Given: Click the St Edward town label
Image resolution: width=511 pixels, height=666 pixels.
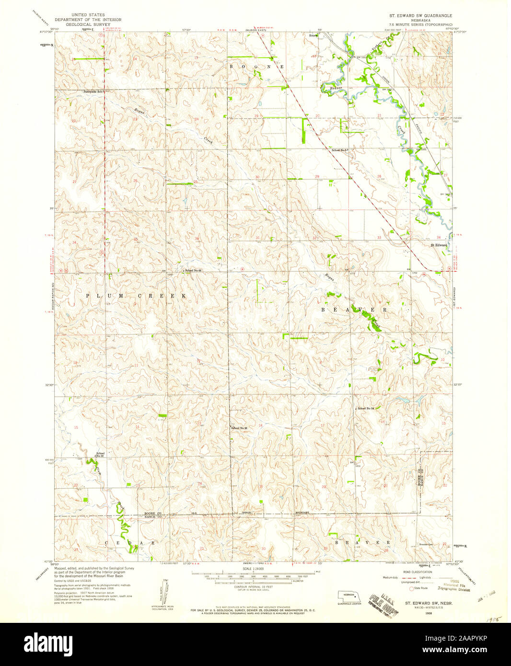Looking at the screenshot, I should pyautogui.click(x=439, y=245).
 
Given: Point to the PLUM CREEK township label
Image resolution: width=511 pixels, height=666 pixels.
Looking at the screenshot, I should pyautogui.click(x=136, y=296).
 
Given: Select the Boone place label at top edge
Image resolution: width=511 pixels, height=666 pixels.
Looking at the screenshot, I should pyautogui.click(x=314, y=35).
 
